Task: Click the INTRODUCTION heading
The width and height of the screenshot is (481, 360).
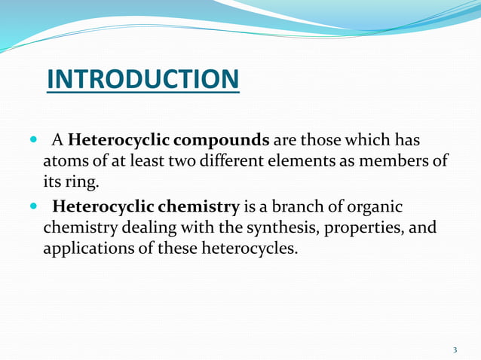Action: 143,78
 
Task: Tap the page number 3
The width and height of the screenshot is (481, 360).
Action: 455,349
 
